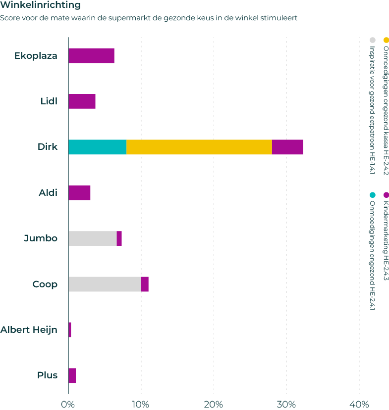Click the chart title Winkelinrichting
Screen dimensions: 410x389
(41, 6)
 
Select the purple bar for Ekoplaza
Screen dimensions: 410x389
(91, 56)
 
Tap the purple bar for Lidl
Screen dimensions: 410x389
(82, 101)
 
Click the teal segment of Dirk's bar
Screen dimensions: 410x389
(97, 147)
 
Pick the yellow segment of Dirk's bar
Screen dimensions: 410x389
(199, 147)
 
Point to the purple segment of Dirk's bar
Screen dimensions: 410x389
(287, 147)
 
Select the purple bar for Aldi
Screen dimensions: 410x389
(79, 193)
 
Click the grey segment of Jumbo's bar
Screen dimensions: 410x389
(92, 238)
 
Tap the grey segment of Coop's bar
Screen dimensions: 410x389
(105, 284)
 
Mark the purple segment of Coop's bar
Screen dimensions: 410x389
(145, 284)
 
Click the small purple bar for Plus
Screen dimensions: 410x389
(72, 375)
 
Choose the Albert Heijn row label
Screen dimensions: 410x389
(29, 329)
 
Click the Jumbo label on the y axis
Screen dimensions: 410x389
(41, 238)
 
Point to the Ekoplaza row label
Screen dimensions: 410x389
(36, 56)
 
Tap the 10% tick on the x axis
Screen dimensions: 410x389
(141, 404)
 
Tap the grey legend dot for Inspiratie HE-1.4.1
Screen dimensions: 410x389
(372, 40)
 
